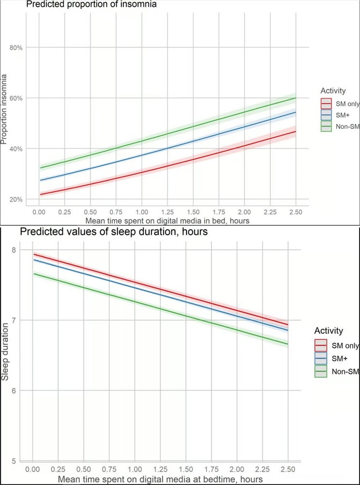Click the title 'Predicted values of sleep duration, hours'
[x=114, y=232]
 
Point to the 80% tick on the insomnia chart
[x=18, y=48]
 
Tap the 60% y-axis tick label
[x=18, y=98]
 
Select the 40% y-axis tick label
[x=18, y=148]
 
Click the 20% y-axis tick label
[x=18, y=199]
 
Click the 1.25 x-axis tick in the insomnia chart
[x=167, y=212]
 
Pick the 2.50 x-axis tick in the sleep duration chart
[x=288, y=470]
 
